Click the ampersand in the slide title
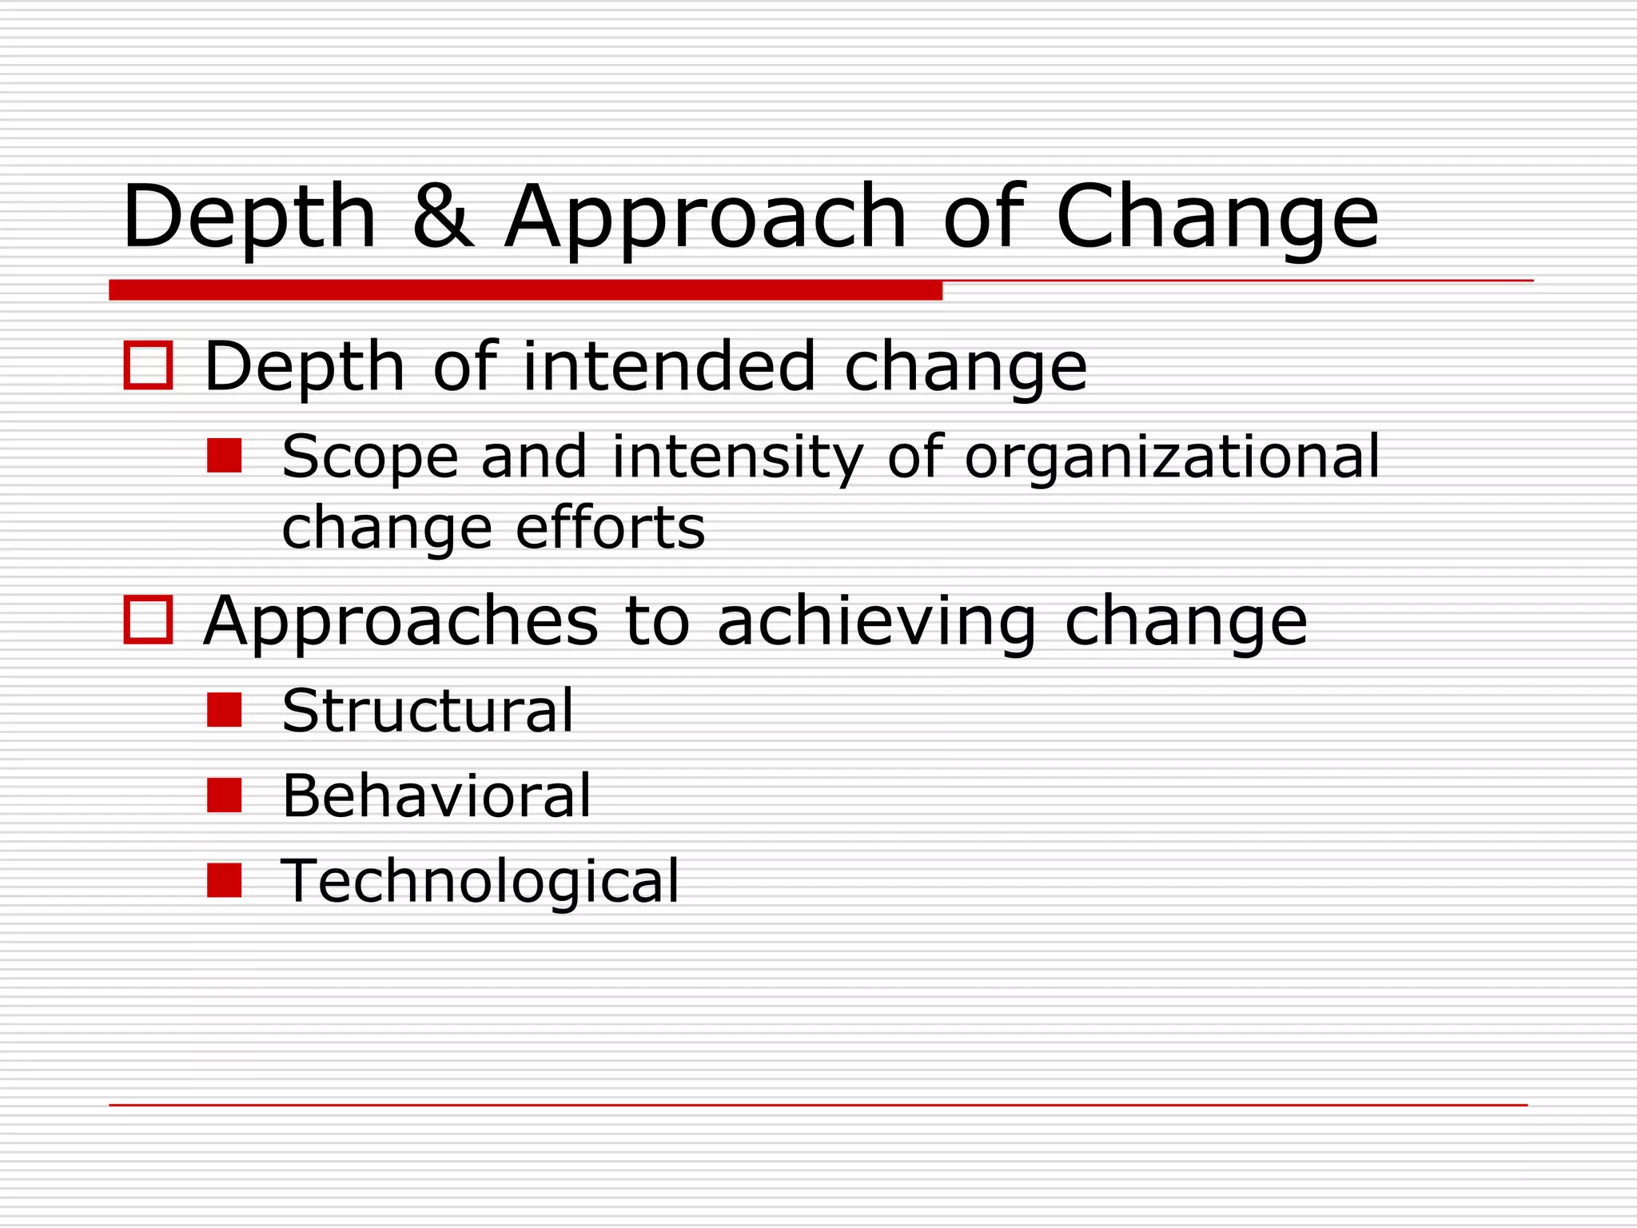(443, 215)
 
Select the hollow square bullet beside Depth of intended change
(149, 365)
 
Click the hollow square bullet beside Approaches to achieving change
(149, 620)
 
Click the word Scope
(370, 457)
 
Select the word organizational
(1172, 457)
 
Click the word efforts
(611, 528)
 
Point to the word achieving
(877, 622)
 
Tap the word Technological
(480, 881)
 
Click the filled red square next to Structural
(225, 710)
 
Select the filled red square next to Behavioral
(225, 795)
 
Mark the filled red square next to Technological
(225, 880)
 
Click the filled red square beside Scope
(225, 456)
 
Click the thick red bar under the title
(525, 290)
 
